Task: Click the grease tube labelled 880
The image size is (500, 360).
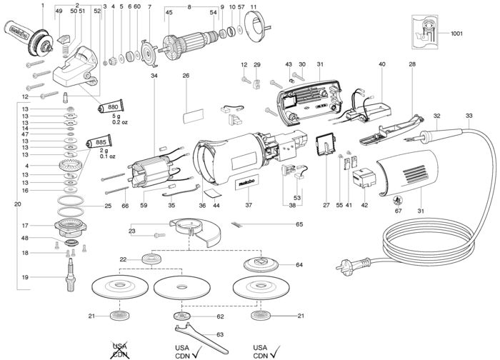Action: [x=110, y=106]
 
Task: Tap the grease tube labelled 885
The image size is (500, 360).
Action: [x=99, y=141]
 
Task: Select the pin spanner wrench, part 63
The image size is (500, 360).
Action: [x=201, y=339]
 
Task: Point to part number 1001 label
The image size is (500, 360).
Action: [x=456, y=33]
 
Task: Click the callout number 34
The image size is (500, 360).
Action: [x=154, y=76]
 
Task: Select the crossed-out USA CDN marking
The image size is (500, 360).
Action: [x=120, y=351]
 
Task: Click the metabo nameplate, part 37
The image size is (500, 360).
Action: [x=247, y=183]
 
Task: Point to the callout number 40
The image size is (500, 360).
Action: [x=382, y=64]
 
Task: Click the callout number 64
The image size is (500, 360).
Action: [x=299, y=265]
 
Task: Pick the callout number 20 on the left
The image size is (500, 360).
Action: [x=18, y=204]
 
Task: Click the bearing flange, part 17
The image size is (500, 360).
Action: [x=71, y=226]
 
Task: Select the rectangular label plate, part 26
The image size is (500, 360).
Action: [x=193, y=116]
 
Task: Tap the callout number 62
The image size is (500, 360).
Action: [x=220, y=316]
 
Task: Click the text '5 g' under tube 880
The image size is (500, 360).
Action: [x=116, y=116]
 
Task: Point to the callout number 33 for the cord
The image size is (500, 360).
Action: [x=469, y=116]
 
